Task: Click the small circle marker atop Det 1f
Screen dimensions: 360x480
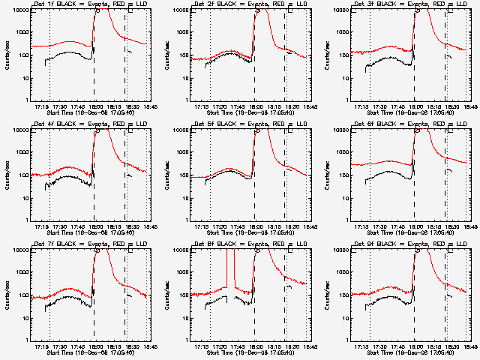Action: (97, 10)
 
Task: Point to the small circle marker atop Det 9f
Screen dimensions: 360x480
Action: (417, 250)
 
